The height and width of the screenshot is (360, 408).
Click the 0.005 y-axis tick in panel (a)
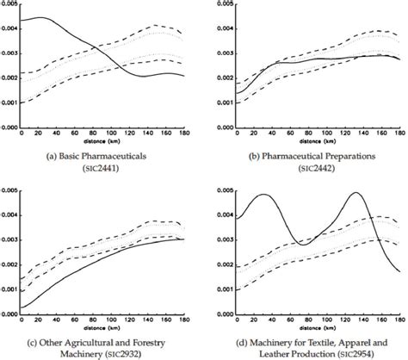point(9,5)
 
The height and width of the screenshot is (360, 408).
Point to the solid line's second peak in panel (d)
point(354,193)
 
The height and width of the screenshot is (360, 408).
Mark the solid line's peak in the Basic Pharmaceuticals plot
point(39,17)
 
